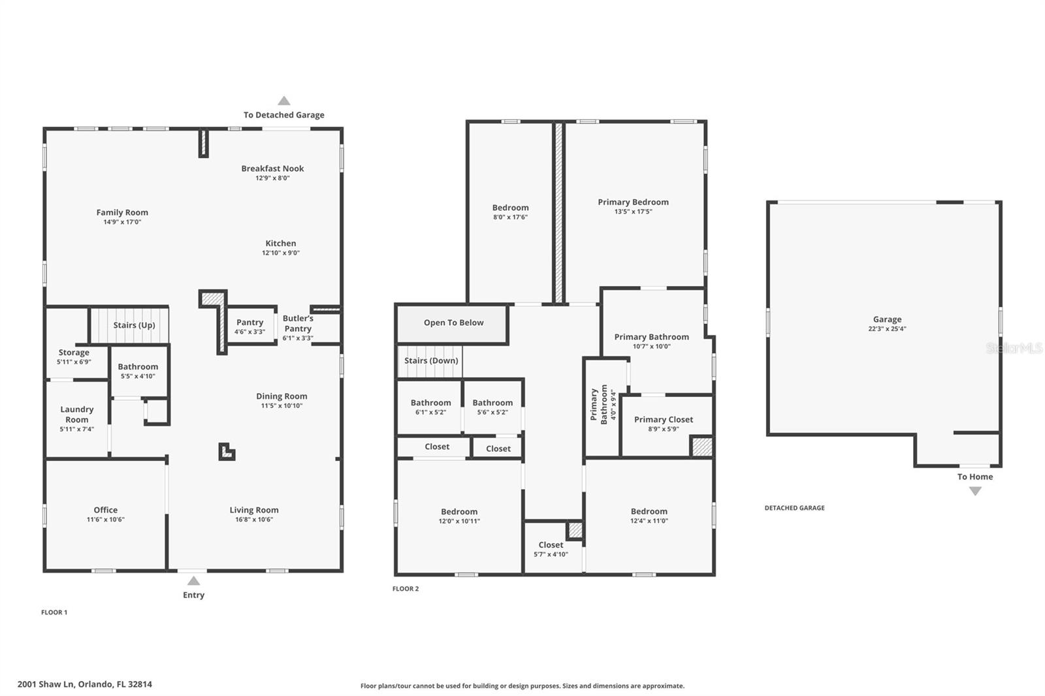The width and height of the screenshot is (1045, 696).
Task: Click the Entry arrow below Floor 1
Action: (193, 581)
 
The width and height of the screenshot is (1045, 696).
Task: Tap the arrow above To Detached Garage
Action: (284, 101)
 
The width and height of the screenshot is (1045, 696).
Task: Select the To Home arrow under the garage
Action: (975, 491)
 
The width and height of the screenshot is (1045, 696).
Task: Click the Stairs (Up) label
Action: (135, 325)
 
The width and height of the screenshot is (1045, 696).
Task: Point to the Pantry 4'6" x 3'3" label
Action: (250, 326)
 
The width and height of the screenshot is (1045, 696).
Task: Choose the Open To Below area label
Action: (453, 323)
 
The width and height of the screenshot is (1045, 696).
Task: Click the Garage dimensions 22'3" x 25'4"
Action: (888, 328)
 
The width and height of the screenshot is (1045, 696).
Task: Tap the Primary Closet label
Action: (664, 419)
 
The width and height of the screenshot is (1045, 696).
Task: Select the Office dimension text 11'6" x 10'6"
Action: (105, 519)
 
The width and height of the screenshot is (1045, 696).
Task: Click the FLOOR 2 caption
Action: (406, 589)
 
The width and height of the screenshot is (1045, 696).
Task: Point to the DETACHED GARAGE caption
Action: (794, 507)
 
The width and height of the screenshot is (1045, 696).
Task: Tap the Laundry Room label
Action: (77, 414)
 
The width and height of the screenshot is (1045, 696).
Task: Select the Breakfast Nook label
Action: (272, 168)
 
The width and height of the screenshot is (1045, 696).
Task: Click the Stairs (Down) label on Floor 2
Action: (431, 360)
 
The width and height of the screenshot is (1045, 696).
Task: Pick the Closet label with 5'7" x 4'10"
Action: (551, 549)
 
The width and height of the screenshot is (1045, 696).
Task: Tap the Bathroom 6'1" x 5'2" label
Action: (430, 407)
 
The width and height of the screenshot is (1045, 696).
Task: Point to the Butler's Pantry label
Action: (298, 328)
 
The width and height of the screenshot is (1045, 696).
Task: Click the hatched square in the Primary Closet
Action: (701, 447)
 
